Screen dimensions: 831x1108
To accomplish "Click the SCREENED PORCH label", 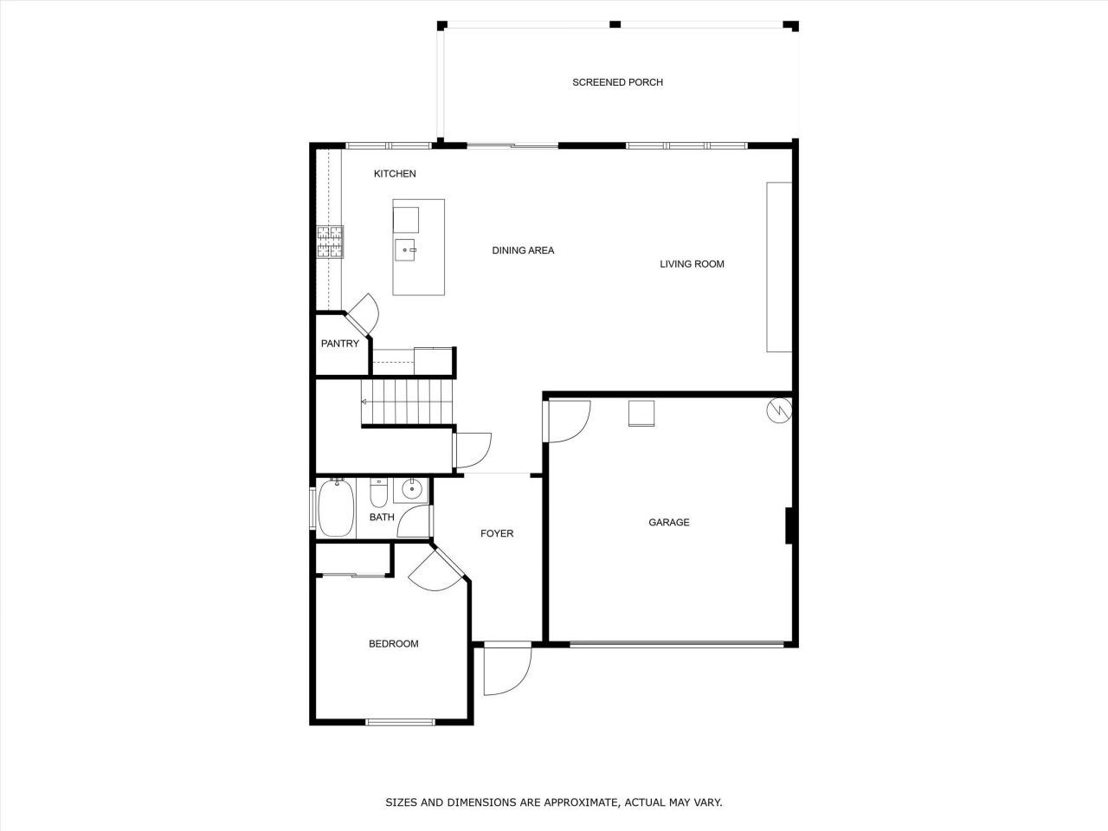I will coord(617,82).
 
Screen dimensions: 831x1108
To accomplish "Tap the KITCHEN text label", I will coord(395,174).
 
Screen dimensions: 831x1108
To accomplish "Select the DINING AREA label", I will coord(523,250).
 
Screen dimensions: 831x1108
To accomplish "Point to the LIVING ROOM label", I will coord(692,264).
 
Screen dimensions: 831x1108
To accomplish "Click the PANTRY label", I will coord(339,344).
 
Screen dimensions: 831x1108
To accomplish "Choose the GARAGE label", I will coord(669,522).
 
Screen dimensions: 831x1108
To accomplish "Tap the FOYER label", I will coord(497,533).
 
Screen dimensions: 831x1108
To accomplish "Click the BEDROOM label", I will coord(393,643).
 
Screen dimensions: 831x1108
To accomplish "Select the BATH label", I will coord(382,518).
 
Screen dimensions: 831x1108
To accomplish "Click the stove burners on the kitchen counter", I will coord(329,242).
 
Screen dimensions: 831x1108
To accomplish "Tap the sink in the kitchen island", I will coord(406,250).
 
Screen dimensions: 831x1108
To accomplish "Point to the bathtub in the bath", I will coord(335,508).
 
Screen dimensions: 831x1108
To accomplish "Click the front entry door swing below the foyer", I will coord(506,671).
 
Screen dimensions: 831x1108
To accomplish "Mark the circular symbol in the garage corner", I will coord(778,409).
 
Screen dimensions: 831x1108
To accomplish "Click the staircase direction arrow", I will coord(364,402).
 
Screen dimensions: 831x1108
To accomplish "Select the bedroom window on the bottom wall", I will coord(400,721).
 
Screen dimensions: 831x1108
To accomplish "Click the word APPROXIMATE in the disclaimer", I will coord(570,802).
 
